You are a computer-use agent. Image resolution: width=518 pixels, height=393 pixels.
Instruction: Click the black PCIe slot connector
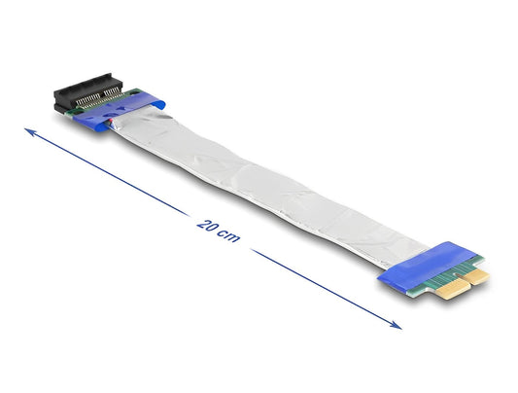click(86, 92)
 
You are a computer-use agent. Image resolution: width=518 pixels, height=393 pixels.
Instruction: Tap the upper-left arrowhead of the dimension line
click(30, 131)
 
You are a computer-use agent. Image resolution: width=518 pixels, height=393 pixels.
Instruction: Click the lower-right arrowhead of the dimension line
click(396, 325)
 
